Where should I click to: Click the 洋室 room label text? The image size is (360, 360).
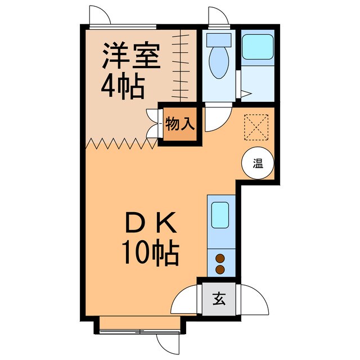131,55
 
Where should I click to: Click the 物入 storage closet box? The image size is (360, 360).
180,123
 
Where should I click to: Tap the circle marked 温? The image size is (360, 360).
258,164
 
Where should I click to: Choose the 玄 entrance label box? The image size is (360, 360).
217,299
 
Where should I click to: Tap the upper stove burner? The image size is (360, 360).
220,259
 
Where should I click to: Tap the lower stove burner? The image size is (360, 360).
220,269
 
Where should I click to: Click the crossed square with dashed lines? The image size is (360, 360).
258,126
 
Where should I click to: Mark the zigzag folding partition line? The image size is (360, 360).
121,144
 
